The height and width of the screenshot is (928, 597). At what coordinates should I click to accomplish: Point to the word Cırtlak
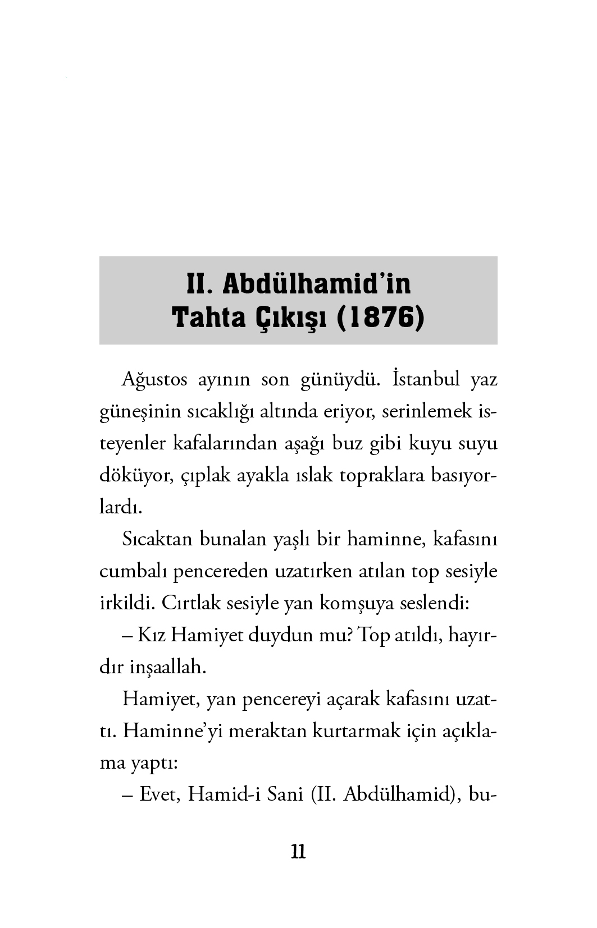[x=191, y=604]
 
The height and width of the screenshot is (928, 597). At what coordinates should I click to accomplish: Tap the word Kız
[x=151, y=636]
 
